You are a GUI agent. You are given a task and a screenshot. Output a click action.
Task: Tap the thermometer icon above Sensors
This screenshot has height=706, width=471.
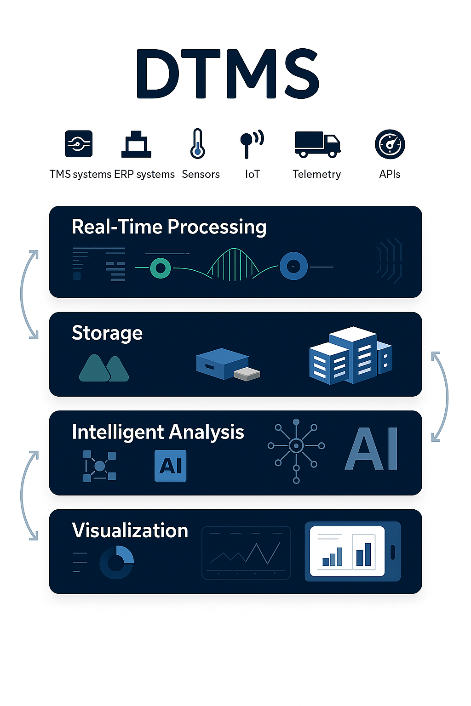coord(198,144)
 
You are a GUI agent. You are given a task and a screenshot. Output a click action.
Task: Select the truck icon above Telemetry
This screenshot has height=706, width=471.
coord(317,144)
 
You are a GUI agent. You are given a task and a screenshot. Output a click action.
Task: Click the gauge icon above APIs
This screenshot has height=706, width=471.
coord(390,144)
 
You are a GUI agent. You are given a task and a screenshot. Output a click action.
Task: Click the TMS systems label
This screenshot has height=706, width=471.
coord(80,175)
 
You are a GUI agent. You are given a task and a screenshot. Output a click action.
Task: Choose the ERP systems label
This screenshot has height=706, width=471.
coord(144,175)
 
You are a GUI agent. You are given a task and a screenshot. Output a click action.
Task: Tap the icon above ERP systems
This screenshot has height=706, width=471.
coord(136,144)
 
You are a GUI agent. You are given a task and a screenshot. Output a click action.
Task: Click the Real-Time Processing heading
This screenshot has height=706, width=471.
coord(169,227)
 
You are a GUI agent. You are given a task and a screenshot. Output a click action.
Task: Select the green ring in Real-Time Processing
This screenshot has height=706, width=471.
coord(161,268)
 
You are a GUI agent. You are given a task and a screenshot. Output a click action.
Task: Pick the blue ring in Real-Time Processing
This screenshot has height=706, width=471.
coord(293,266)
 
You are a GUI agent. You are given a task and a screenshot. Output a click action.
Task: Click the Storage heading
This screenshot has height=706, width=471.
coord(107,333)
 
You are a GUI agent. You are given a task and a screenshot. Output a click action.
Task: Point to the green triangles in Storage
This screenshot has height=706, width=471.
coord(104,368)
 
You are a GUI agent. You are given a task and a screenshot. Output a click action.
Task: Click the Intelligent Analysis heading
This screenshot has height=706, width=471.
coord(158,432)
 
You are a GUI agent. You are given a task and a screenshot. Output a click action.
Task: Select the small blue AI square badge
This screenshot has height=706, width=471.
coord(171,466)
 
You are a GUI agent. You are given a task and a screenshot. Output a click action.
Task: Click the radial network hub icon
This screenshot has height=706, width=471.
coord(296,446)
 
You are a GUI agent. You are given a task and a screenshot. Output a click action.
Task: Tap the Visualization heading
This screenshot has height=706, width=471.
coord(130,530)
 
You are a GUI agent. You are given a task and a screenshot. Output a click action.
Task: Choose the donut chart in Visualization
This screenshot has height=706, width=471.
coord(116,562)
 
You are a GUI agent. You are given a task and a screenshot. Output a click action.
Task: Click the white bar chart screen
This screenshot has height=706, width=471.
coord(347,551)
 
